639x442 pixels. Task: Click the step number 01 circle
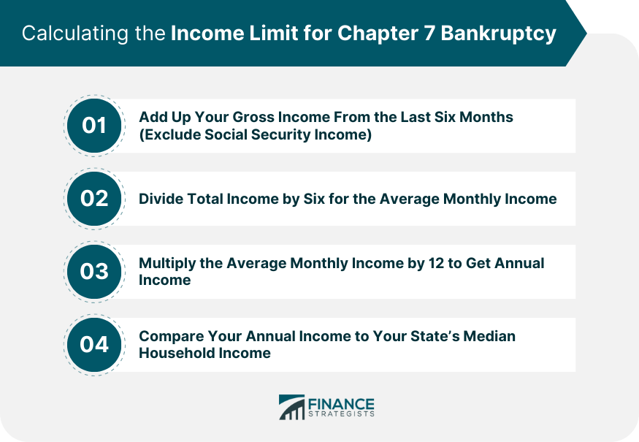point(94,126)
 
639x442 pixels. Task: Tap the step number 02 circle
point(94,199)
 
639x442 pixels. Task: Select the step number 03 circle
point(94,272)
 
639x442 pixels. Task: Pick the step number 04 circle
point(94,345)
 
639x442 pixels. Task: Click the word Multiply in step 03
point(167,263)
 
